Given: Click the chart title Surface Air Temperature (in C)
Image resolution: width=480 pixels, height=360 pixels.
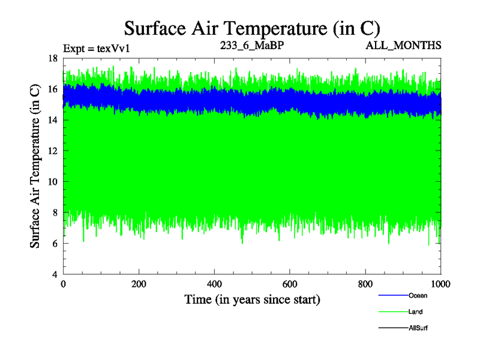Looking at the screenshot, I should (x=252, y=28).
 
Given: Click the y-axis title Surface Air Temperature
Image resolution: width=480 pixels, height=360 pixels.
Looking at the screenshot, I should (x=35, y=166).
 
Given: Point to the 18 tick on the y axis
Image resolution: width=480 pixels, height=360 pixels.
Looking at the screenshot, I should (x=52, y=58).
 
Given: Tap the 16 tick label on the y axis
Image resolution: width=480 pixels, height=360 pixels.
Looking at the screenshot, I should (x=52, y=89).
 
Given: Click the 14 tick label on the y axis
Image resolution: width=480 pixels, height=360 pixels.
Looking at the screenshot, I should (x=52, y=120).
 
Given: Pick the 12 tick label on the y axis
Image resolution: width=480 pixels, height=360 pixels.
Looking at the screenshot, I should (x=52, y=151).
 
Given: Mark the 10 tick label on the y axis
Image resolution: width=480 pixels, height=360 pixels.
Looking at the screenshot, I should (x=52, y=182).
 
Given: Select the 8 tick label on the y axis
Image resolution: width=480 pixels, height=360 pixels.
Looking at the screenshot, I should (x=55, y=212).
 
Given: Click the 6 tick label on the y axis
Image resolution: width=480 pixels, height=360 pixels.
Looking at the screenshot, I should (x=55, y=244).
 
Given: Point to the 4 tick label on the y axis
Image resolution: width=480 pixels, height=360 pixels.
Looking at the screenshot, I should (x=55, y=274).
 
